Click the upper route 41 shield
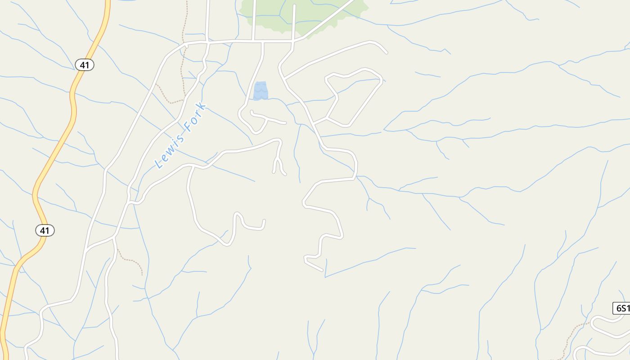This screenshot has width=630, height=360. coord(84,65)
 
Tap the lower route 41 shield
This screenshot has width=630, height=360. coord(45,230)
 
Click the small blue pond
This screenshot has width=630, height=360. coord(260,91)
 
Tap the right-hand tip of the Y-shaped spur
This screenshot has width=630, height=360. coord(285,174)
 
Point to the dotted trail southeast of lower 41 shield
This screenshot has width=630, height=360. coord(130,260)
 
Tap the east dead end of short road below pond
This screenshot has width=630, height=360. coord(285,122)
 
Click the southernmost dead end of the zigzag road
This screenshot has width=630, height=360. coord(322,270)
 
